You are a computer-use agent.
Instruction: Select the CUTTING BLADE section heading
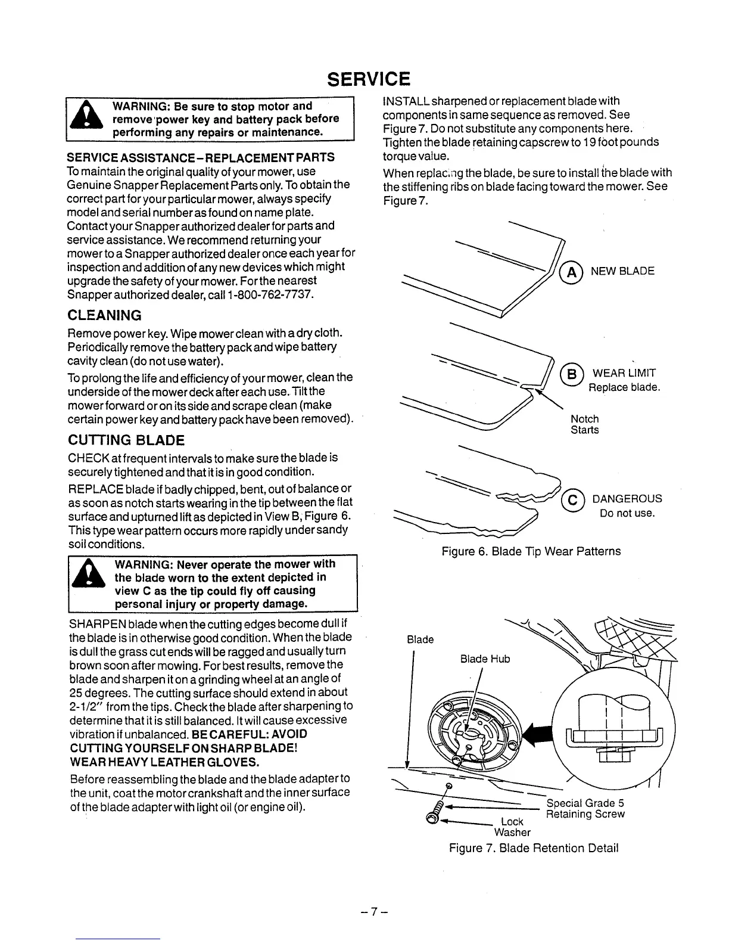coord(126,440)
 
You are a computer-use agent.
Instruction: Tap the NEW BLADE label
coord(622,271)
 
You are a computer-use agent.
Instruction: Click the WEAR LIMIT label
coord(624,374)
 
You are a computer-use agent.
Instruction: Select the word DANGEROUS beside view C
coord(627,499)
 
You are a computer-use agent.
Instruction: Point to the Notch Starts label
coord(584,424)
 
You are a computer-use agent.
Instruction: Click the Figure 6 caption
coord(531,551)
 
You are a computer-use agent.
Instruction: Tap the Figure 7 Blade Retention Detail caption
coord(534,847)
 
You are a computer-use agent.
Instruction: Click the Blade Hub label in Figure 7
coord(485,659)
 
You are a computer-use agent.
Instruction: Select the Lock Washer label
coord(512,827)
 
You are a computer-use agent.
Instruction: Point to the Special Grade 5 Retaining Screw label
coord(585,808)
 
